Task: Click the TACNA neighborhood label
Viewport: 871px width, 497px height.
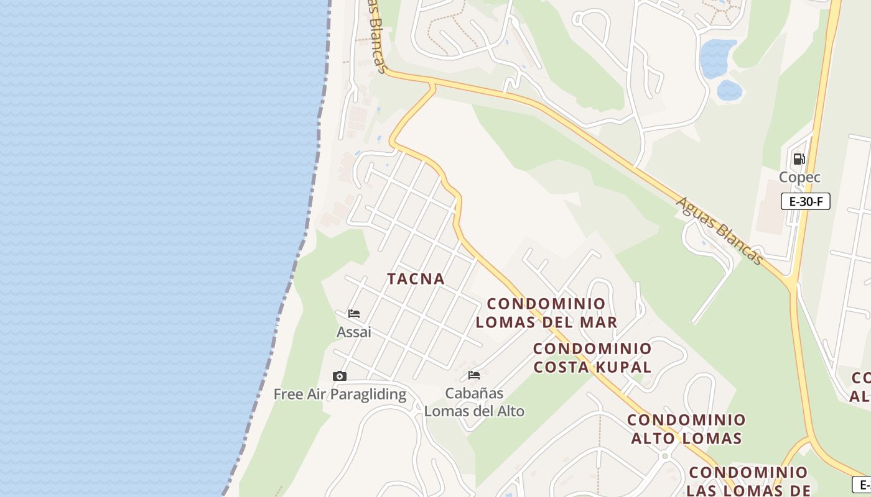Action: (x=416, y=279)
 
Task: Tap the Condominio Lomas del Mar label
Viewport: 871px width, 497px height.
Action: (x=546, y=313)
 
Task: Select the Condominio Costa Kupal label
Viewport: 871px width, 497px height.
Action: (x=592, y=358)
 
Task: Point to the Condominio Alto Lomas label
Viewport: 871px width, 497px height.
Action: (x=686, y=429)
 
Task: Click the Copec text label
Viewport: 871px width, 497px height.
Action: (x=799, y=177)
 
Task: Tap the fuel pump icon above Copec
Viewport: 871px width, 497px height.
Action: (x=799, y=159)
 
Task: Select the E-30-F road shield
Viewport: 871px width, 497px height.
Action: (x=806, y=201)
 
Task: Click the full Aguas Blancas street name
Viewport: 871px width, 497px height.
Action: (x=719, y=230)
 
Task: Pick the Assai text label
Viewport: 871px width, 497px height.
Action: (x=354, y=332)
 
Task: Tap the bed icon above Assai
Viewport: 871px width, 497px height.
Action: (x=354, y=314)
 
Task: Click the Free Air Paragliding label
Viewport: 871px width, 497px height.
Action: (x=340, y=394)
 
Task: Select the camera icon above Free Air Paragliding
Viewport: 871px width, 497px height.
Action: (x=339, y=376)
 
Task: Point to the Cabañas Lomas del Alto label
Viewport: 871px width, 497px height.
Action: (x=474, y=402)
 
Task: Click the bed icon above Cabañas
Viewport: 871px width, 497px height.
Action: (x=474, y=375)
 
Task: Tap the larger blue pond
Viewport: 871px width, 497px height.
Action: (x=718, y=57)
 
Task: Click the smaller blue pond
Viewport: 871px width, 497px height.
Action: (x=729, y=91)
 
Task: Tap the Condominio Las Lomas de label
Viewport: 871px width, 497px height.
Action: (x=748, y=481)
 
